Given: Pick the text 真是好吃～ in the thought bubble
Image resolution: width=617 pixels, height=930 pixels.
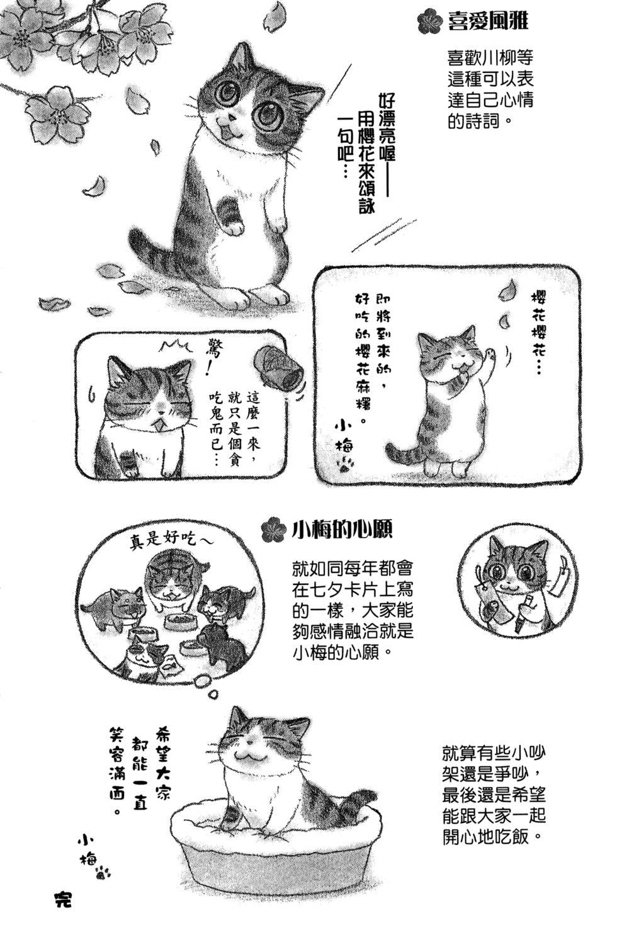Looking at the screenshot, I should click(171, 540).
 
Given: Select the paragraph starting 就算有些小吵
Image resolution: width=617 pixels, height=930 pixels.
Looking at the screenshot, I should click(493, 795).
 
